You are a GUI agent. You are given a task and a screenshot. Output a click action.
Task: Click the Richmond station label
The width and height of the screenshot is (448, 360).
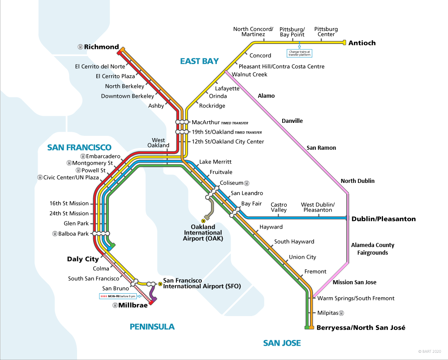[101, 47]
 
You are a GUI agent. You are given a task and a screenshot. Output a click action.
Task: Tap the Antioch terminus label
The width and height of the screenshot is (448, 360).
[362, 43]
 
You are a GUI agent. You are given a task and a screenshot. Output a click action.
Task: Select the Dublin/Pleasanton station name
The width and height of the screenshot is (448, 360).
[383, 219]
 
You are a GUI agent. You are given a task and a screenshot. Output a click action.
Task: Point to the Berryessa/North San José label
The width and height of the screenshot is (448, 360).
[361, 328]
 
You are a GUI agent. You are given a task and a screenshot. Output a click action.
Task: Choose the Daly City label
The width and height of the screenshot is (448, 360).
[82, 259]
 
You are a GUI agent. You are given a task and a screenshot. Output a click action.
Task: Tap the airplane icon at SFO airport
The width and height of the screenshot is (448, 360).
[160, 284]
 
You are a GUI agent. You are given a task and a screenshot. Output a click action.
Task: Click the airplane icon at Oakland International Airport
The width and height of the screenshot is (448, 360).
[203, 221]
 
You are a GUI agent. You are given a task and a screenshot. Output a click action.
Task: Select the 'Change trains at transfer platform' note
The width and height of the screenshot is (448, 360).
[300, 53]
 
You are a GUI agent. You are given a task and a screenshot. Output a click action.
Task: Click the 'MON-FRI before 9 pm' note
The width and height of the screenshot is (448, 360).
[117, 296]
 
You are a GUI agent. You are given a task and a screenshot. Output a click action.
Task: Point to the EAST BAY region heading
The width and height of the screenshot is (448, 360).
[199, 61]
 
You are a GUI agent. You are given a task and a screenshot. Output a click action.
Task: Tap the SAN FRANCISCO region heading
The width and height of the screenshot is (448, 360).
[79, 147]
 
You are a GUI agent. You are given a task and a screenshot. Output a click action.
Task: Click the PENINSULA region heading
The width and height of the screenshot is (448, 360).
[152, 326]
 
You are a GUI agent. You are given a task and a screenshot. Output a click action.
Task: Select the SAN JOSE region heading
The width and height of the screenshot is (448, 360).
[282, 343]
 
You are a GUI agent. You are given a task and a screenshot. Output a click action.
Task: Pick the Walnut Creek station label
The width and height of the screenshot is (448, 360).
[249, 74]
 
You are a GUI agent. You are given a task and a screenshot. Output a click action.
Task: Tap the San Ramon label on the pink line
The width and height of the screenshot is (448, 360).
[321, 147]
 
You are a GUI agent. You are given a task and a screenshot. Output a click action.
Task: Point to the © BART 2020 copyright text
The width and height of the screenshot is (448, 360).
[430, 351]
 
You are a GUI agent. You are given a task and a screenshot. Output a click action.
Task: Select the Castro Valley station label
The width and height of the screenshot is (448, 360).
[279, 207]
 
